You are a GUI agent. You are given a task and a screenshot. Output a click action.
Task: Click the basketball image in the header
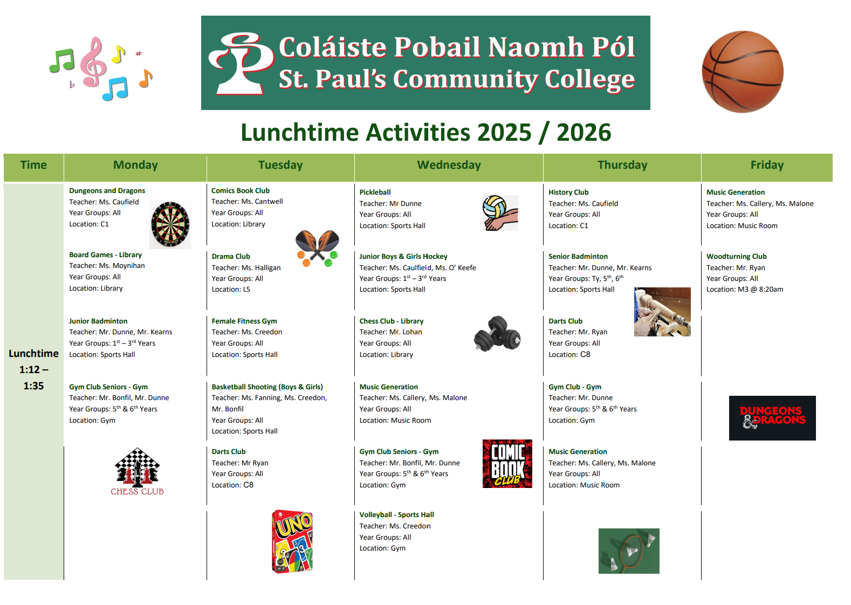(x=743, y=72)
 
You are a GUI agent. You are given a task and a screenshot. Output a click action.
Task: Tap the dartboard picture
(x=170, y=224)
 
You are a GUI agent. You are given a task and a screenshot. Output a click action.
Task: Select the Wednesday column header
(x=449, y=166)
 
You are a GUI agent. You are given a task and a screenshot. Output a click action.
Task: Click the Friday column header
(x=766, y=166)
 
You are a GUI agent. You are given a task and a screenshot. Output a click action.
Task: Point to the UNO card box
(x=292, y=541)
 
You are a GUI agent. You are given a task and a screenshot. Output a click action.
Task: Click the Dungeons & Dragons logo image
(x=772, y=418)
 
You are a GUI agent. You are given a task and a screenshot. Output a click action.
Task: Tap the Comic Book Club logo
(x=507, y=464)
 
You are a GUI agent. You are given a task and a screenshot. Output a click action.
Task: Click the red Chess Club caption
(x=137, y=492)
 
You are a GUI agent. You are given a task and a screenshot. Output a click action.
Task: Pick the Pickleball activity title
(x=375, y=192)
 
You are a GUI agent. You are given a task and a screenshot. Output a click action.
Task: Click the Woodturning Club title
(x=736, y=257)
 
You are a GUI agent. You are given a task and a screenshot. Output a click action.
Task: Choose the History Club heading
(x=568, y=192)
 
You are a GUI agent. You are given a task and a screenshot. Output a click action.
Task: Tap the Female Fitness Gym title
(x=244, y=321)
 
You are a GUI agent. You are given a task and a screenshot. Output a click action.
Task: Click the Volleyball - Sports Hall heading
(x=396, y=515)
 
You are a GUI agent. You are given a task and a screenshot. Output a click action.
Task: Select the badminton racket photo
(x=629, y=551)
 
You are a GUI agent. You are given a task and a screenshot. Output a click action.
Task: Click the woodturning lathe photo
(x=662, y=312)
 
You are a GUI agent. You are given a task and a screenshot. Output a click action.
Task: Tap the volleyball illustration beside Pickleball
(x=499, y=213)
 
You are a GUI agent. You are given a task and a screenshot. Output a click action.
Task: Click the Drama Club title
(x=231, y=257)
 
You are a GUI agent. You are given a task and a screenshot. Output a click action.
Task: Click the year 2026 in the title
(x=584, y=133)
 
